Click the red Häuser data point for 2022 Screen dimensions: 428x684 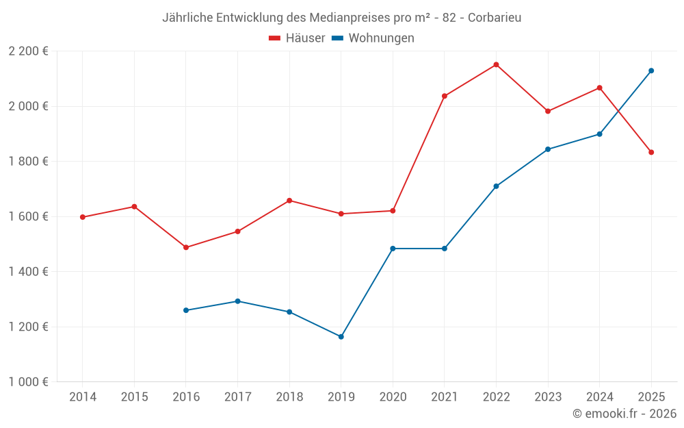coord(496,65)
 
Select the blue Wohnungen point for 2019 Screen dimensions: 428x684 coord(341,337)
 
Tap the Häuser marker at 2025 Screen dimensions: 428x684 coord(651,152)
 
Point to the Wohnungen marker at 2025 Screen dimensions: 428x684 coord(651,71)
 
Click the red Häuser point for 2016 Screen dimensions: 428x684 coord(185,247)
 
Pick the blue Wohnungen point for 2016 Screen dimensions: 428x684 coord(185,310)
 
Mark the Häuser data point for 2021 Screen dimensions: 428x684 coord(445,96)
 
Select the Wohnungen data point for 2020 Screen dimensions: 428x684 coord(393,249)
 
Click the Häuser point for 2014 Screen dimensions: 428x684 coord(82,217)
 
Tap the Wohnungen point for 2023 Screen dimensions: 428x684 coord(548,149)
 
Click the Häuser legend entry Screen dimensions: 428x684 coord(297,38)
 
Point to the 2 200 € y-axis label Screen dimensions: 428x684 coord(28,51)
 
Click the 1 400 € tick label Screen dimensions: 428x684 coord(28,272)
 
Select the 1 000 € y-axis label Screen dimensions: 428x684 coord(28,382)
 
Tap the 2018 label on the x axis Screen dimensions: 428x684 coord(289,397)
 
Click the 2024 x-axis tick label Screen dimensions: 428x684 coord(600,397)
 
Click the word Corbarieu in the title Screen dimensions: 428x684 coord(495,18)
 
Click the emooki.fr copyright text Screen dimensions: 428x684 coord(624,414)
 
